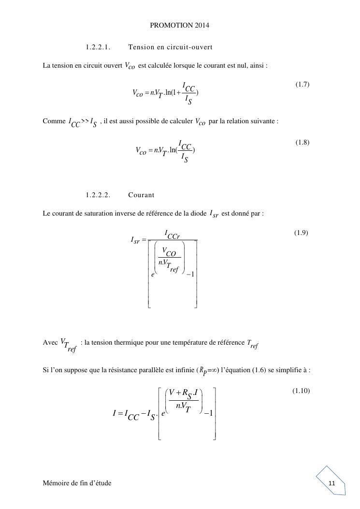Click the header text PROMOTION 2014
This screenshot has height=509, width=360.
[179, 25]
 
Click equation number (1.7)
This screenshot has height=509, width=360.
[302, 85]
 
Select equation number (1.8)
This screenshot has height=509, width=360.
[302, 143]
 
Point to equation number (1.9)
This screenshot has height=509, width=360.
[301, 233]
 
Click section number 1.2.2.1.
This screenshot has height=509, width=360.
[98, 47]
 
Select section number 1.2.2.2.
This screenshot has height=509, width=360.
[98, 195]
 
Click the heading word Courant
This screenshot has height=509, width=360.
[142, 195]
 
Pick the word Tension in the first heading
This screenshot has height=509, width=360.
[141, 47]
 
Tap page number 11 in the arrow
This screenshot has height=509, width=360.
[331, 484]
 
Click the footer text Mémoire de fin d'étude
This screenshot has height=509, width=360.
[77, 483]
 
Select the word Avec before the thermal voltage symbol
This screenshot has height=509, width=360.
[51, 342]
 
